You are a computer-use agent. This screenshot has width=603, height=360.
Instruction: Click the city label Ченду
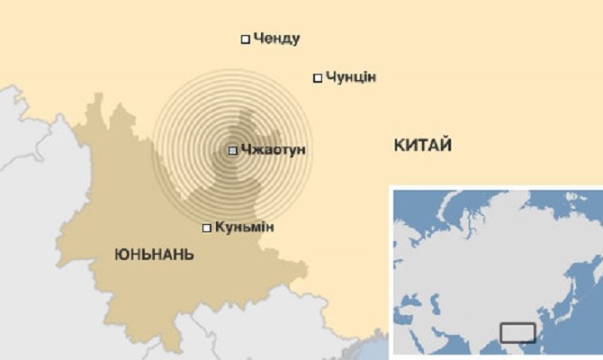(276, 39)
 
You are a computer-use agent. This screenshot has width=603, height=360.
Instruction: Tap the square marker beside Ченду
(245, 39)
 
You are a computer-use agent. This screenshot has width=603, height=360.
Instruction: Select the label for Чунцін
(350, 77)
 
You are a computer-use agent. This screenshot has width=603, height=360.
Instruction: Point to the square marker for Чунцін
(317, 77)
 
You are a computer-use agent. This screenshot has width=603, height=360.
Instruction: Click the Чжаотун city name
(274, 149)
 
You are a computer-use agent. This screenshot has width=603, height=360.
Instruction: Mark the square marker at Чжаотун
(233, 150)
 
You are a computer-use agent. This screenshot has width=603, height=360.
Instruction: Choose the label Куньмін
(244, 227)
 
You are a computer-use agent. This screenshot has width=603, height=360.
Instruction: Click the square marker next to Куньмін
(207, 228)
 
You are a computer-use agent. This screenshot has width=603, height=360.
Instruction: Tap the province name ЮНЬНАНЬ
(154, 256)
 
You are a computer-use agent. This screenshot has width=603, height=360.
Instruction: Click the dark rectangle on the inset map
(517, 333)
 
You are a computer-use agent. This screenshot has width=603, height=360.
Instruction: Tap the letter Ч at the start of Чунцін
(329, 77)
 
